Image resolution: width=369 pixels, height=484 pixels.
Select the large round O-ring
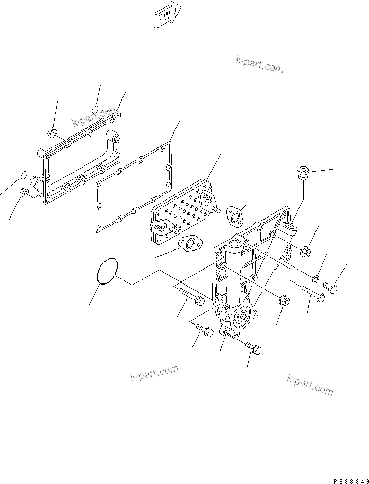(108, 271)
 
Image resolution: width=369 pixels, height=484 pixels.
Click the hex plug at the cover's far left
(24, 193)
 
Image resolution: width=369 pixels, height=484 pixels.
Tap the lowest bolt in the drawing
(254, 348)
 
